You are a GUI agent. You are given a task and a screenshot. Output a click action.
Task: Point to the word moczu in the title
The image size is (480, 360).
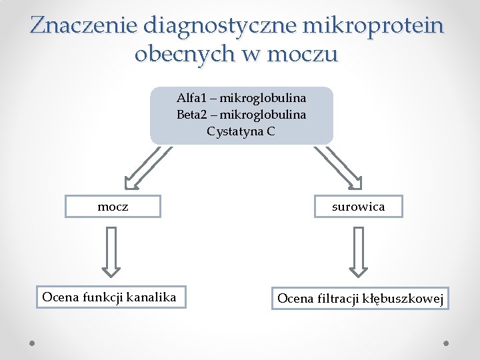[305, 53]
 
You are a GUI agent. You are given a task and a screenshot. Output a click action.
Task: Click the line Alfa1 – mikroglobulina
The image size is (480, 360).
[241, 98]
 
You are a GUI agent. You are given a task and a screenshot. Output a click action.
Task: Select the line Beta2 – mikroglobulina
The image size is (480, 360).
[241, 115]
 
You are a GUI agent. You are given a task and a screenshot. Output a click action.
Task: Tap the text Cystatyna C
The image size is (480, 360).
[241, 131]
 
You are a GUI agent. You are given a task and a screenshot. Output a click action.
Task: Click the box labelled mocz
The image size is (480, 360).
[113, 207]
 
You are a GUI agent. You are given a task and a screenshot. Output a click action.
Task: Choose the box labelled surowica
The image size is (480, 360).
[359, 207]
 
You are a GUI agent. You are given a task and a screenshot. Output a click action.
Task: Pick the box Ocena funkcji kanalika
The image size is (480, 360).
[109, 297]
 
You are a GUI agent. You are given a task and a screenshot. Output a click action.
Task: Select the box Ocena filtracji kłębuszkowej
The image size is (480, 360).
[360, 299]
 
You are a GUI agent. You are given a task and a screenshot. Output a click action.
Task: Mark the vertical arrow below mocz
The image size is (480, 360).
[111, 251]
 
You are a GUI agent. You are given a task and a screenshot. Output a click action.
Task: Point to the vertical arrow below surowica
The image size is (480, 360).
[359, 251]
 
